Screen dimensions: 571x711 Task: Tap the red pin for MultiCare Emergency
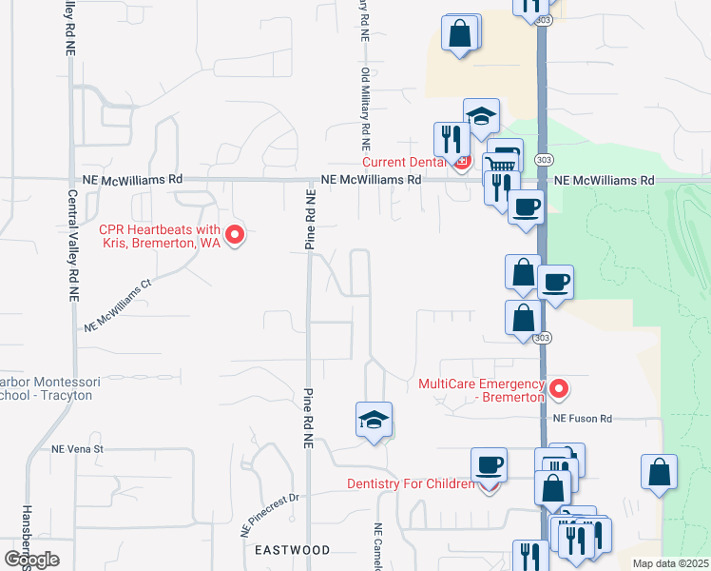559,388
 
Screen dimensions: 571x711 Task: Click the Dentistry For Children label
411,483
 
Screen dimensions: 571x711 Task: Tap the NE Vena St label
77,448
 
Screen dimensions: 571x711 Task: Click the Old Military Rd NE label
364,109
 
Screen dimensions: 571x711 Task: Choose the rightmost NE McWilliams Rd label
605,180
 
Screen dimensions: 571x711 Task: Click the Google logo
31,559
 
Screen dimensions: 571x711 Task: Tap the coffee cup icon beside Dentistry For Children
489,464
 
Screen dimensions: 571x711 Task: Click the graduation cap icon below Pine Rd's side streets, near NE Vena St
374,420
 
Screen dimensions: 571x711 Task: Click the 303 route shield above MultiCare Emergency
542,337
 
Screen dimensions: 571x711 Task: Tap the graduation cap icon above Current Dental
481,116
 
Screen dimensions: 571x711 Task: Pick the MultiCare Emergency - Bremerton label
482,390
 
